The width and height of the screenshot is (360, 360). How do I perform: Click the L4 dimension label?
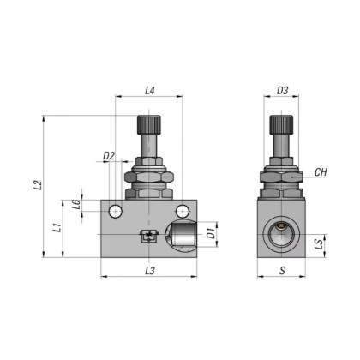[x=150, y=90]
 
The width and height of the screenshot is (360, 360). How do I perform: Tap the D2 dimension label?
[x=109, y=156]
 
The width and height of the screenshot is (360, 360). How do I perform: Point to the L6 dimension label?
[x=76, y=203]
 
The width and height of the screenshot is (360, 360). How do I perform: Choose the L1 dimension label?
[x=56, y=228]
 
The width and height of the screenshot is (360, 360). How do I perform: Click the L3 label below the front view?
[x=150, y=271]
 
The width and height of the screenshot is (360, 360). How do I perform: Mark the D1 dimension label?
[x=210, y=231]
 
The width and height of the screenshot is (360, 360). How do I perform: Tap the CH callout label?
[x=321, y=172]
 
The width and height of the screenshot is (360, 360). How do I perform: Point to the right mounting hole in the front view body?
[x=181, y=211]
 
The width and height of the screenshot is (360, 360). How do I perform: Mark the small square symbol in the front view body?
[x=148, y=237]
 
